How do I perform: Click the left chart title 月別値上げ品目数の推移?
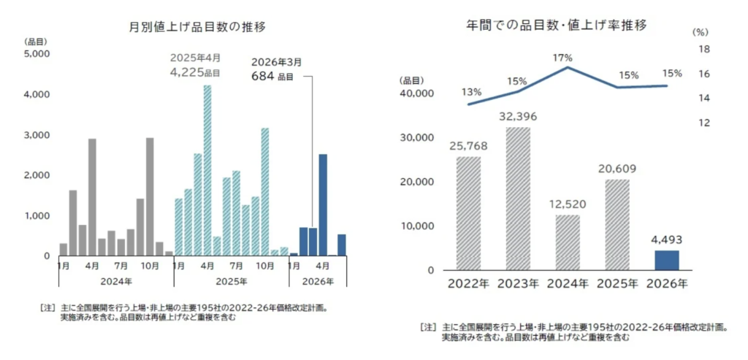point(196,27)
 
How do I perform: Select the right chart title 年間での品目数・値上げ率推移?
point(557,26)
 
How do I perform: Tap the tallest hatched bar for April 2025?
point(207,170)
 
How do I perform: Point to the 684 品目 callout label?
point(272,76)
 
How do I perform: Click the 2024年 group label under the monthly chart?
point(116,279)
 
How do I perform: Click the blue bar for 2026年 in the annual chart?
point(665,260)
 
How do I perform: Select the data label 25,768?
point(467,146)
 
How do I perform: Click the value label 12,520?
point(568,204)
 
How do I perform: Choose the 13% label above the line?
point(471,92)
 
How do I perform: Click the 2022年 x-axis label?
point(469,284)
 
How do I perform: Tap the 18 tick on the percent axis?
point(704,50)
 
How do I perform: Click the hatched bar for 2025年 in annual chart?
point(617,224)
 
